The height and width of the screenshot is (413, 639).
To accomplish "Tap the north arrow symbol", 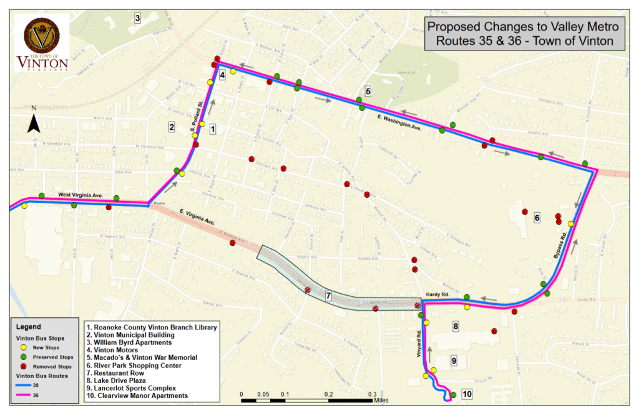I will [x=35, y=121].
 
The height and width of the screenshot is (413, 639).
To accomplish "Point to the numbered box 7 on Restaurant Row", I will [x=328, y=294].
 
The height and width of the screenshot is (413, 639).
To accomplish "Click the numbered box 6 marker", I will [x=536, y=218].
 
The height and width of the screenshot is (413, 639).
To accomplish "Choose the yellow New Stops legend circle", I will [x=24, y=347].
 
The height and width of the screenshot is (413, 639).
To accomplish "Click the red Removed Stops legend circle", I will [x=24, y=367].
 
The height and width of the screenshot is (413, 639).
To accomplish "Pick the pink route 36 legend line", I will [x=24, y=396].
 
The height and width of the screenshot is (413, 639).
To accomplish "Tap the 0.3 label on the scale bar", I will [x=372, y=394].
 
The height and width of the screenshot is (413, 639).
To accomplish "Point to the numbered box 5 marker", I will [x=368, y=91].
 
